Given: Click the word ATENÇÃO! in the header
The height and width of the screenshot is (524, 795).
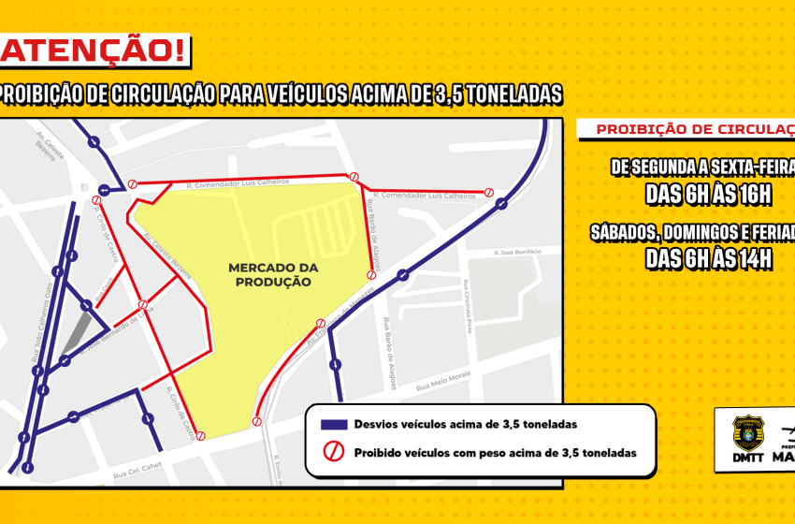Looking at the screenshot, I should tap(94, 51).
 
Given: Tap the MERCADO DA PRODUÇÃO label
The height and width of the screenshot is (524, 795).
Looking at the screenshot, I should tap(273, 274).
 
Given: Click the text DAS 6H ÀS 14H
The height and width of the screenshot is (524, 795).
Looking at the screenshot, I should tap(707, 259).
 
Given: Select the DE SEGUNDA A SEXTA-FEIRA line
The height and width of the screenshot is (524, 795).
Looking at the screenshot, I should tap(701, 167).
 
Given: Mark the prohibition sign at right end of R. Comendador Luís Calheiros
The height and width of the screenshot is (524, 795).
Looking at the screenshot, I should tap(488, 193).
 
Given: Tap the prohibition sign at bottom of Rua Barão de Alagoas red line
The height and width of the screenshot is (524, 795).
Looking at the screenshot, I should tap(371, 275).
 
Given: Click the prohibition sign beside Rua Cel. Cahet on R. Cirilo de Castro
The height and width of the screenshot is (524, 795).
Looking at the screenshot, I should tap(200, 436).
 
